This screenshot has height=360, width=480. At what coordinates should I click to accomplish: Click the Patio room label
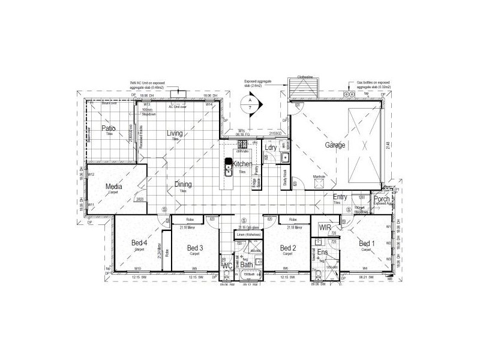click(x=108, y=128)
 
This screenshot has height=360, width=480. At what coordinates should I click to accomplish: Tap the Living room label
click(x=175, y=133)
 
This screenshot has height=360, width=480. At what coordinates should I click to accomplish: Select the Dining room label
click(x=183, y=185)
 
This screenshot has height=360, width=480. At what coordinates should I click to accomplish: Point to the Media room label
click(x=114, y=187)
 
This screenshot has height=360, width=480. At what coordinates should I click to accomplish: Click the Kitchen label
click(x=242, y=164)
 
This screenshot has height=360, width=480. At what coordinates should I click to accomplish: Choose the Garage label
click(x=336, y=145)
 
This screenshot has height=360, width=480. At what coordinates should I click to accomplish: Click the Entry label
click(x=340, y=197)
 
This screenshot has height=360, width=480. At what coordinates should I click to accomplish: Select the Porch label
click(x=382, y=199)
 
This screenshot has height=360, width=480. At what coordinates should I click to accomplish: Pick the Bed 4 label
click(x=139, y=242)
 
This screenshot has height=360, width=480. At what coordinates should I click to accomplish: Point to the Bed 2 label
click(x=289, y=248)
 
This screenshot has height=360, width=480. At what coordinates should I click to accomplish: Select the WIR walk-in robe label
click(x=325, y=228)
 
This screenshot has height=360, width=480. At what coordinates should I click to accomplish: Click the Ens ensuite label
click(x=322, y=253)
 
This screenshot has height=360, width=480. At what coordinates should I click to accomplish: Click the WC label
click(x=227, y=265)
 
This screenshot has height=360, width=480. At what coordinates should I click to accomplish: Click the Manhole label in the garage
click(x=319, y=176)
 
